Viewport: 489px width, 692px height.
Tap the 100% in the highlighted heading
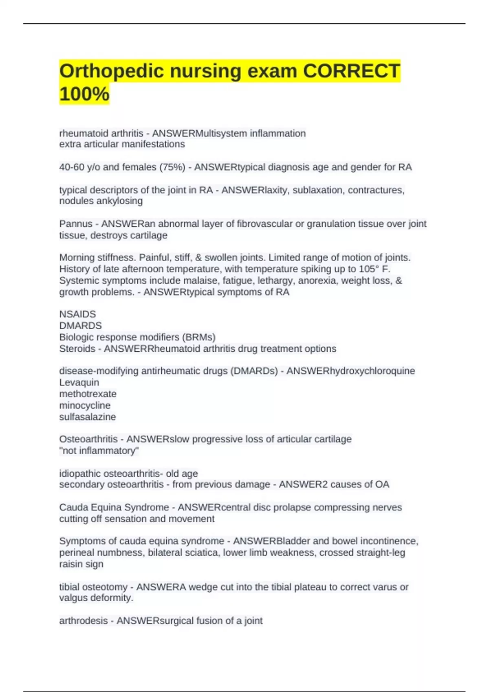coord(84,94)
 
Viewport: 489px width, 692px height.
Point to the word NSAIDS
coord(77,314)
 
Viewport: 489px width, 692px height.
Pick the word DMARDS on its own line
coord(80,326)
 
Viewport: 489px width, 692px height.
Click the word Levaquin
coord(79,382)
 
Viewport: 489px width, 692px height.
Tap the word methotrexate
coord(88,394)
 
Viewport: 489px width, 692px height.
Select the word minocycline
coord(85,405)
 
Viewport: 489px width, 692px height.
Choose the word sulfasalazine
coord(88,417)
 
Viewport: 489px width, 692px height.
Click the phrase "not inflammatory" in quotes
coord(99,451)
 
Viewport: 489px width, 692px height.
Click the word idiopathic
coord(80,474)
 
